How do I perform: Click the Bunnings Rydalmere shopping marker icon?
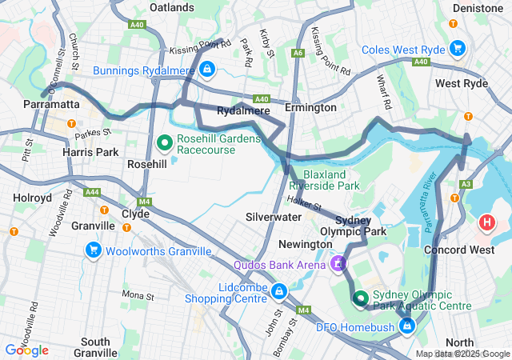(207, 69)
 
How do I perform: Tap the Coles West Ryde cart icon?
(457, 47)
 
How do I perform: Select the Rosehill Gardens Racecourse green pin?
(165, 143)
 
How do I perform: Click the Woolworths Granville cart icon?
(93, 250)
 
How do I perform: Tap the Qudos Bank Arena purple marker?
(338, 263)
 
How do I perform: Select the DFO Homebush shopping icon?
(407, 326)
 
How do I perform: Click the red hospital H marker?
(486, 222)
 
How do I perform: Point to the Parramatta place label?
(51, 105)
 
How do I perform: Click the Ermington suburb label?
(310, 107)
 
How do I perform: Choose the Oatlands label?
(172, 7)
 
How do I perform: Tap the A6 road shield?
(298, 53)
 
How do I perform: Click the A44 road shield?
(92, 192)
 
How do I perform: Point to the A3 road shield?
(466, 184)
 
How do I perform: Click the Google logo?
(26, 350)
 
